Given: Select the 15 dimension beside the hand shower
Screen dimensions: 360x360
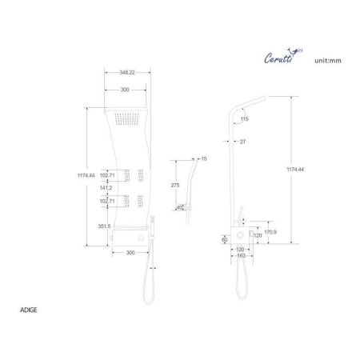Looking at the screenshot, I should [203, 159].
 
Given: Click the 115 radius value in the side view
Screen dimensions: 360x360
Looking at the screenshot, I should [245, 119].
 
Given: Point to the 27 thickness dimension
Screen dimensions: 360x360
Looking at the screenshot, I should [242, 142].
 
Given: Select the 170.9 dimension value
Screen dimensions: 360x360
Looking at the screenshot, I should [270, 233].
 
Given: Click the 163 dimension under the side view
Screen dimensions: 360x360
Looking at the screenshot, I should [241, 254].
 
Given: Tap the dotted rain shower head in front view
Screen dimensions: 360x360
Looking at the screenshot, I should [126, 121].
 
